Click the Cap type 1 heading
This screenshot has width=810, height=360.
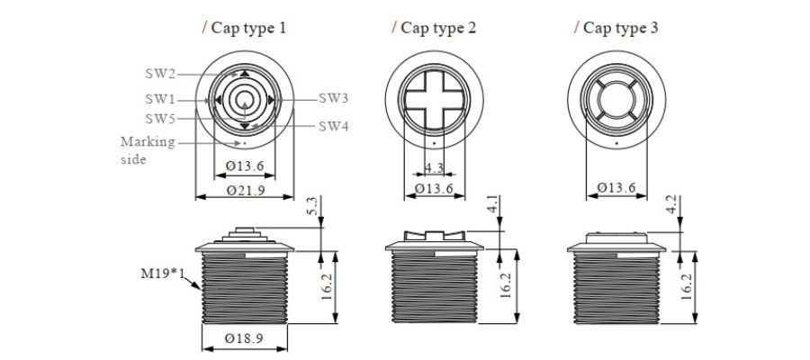pyautogui.click(x=248, y=28)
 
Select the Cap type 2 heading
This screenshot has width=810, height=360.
pyautogui.click(x=438, y=28)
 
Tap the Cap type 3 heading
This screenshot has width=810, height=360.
pyautogui.click(x=620, y=28)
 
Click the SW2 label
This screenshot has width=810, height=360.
pyautogui.click(x=160, y=74)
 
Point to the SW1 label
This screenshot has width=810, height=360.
pyautogui.click(x=160, y=99)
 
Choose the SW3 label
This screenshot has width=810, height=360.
pyautogui.click(x=333, y=98)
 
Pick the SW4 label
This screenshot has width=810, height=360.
pyautogui.click(x=333, y=127)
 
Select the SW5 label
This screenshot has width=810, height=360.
pyautogui.click(x=160, y=119)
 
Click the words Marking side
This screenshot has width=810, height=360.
pyautogui.click(x=148, y=150)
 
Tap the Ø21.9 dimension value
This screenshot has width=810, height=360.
pyautogui.click(x=246, y=191)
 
